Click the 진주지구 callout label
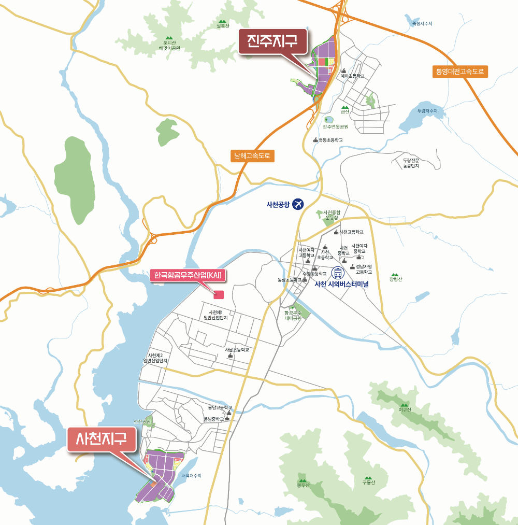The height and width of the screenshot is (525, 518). pos(273,40)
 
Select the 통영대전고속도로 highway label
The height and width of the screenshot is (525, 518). pos(460,72)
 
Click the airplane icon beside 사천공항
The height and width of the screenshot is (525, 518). pos(297,204)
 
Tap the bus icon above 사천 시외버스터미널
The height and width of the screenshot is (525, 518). pos(338,273)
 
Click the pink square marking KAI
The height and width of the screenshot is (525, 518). pos(219,295)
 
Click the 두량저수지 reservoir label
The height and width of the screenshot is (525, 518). pos(427,111)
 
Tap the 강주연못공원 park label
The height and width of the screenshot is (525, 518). pos(336,126)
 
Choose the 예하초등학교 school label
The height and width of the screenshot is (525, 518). pos(353,76)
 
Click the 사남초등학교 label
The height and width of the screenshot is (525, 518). pos(237,350)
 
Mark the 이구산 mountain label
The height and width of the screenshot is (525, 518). pos(405,410)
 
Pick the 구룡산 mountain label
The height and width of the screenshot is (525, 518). pos(368,483)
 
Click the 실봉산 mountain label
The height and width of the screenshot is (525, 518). pos(222,26)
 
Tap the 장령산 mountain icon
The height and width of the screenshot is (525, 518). pos(395,275)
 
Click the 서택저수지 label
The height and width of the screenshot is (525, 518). pos(191,476)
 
